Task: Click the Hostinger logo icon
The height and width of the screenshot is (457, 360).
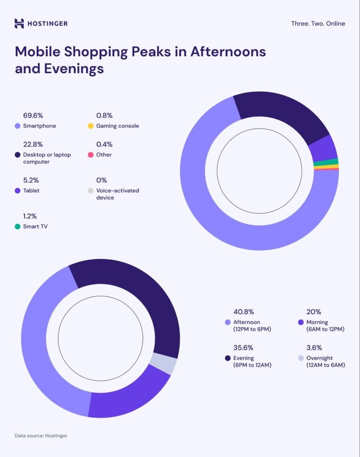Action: (19, 24)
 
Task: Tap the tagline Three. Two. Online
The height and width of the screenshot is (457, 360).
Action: (318, 24)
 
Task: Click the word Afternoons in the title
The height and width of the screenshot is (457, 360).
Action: (228, 52)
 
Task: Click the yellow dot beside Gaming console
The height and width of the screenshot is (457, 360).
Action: (91, 126)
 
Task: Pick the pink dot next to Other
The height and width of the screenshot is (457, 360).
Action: (91, 155)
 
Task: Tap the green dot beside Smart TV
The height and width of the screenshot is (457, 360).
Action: (17, 227)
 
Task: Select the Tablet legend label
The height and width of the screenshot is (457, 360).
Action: (31, 191)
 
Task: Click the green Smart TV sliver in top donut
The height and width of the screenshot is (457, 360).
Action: (326, 162)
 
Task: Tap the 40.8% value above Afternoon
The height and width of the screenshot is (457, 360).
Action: (244, 312)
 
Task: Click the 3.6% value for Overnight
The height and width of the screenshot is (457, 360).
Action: (314, 348)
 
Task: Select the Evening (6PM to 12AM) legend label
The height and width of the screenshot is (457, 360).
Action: (252, 361)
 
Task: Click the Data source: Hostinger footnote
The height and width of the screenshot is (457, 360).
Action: (41, 436)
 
